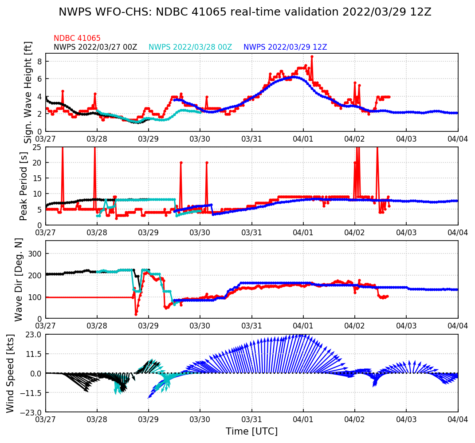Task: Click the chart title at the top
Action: pos(245,12)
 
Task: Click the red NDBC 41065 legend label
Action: pos(77,39)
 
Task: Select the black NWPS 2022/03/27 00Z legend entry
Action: pos(95,47)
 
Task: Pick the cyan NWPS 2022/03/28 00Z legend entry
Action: pos(190,47)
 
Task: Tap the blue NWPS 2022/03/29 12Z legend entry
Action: pos(285,47)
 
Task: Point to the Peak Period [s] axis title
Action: pos(24,186)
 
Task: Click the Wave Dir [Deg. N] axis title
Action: pos(19,280)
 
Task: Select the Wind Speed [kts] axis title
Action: pos(11,373)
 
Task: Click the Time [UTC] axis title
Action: pos(251,431)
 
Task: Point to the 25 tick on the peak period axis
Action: pos(37,147)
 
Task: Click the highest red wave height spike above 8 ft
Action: pos(312,56)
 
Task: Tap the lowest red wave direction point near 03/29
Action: pos(136,314)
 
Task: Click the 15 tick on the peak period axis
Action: pos(37,178)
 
